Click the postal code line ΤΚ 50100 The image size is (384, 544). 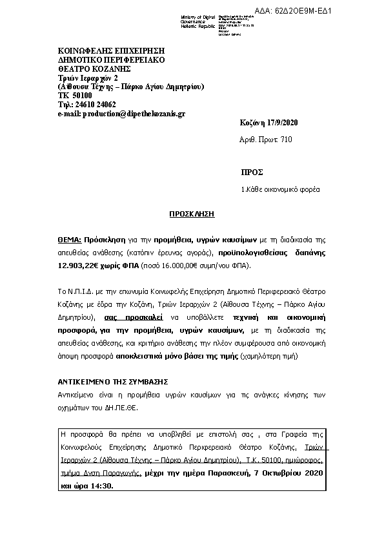(x=76, y=95)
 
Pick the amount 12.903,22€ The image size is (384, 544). (x=78, y=266)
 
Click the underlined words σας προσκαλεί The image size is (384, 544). (x=133, y=318)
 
